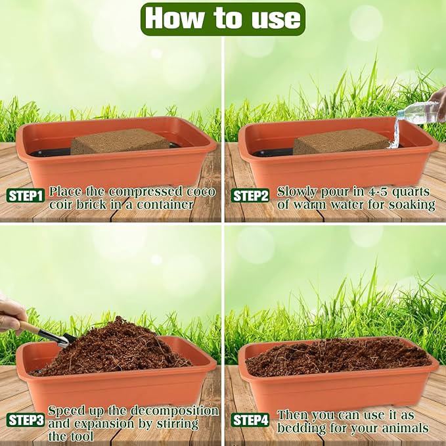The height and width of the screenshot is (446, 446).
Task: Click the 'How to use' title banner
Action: pos(223,18)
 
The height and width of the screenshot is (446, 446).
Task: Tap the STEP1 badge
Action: pos(26,196)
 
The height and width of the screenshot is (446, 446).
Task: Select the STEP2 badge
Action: pos(250,196)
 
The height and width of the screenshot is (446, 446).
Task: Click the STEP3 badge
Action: pos(26,420)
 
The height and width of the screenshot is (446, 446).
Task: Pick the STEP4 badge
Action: pos(250,420)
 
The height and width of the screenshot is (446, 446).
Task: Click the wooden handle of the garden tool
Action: pos(29,326)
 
